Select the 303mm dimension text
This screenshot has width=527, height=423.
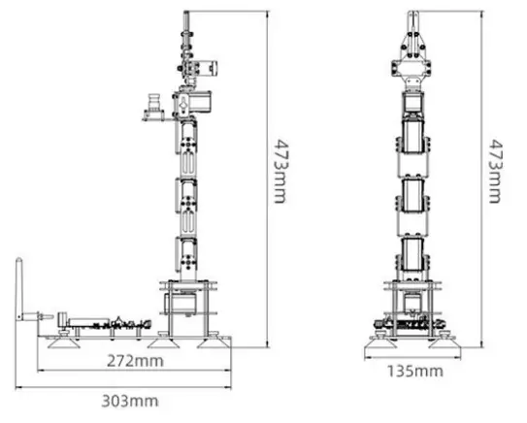coord(132,400)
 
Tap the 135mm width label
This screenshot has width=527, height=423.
coord(416,371)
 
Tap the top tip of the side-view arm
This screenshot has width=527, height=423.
coord(184,14)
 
